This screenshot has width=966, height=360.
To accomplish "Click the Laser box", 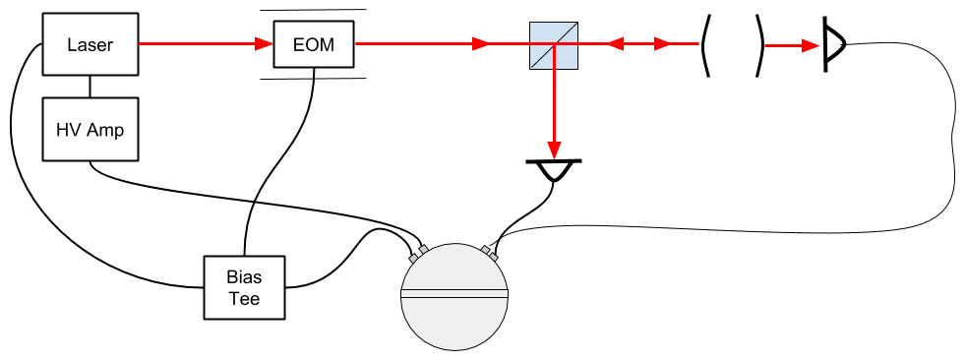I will pos(91,44).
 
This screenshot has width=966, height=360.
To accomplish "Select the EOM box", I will pos(313,44).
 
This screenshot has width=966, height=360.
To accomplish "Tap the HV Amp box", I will pos(91,129).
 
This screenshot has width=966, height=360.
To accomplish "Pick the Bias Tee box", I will pos(245,287).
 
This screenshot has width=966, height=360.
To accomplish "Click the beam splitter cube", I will pos(554,44).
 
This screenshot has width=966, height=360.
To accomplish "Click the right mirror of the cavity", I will pos(759,44).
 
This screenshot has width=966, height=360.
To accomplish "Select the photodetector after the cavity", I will pos(834,44).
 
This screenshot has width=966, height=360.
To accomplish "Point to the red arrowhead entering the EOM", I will pos(264,44).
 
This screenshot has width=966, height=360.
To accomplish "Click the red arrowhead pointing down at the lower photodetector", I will pos(554,150).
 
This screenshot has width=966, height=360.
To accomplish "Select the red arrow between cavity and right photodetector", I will pos(792,44).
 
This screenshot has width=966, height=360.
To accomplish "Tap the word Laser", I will pos(91,44).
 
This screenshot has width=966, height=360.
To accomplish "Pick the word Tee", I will pos(245,298).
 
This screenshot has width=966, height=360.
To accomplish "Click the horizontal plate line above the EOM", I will pos(313,10).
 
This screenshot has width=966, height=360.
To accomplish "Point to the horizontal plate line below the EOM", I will pos(313,79).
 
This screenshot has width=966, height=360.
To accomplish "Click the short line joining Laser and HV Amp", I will pos(91,87).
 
